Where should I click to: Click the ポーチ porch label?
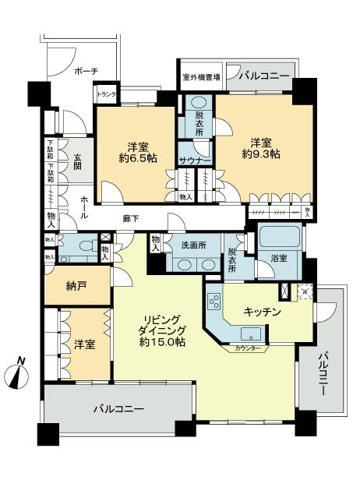[x=86, y=71]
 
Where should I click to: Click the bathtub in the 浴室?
[x=278, y=235]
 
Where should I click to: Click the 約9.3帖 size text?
[x=264, y=154]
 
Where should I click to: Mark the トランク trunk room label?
[x=105, y=96]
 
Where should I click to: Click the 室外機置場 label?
[x=201, y=77]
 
